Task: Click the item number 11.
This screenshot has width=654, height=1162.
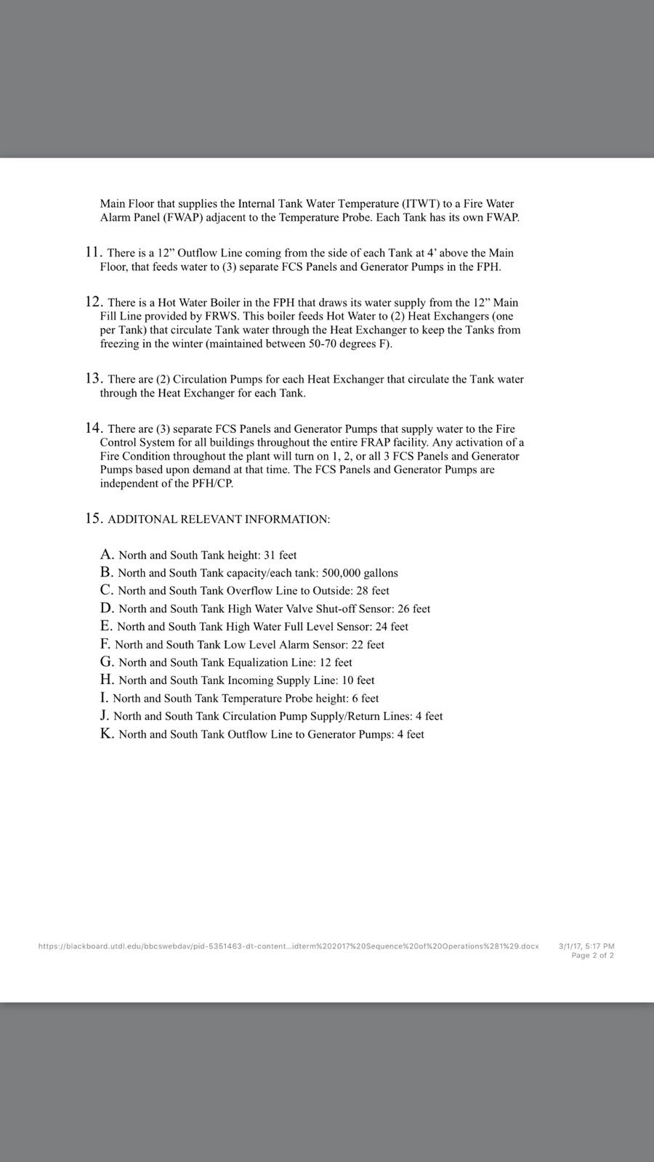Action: (x=93, y=253)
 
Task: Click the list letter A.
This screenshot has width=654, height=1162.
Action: (x=107, y=555)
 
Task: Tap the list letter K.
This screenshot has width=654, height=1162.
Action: (x=107, y=734)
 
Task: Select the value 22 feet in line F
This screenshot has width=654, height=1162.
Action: (x=368, y=644)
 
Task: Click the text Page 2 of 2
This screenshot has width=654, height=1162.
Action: (x=592, y=956)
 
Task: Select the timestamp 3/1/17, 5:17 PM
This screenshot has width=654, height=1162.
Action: (x=586, y=946)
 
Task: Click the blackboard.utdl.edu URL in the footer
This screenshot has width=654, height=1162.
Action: (x=288, y=946)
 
